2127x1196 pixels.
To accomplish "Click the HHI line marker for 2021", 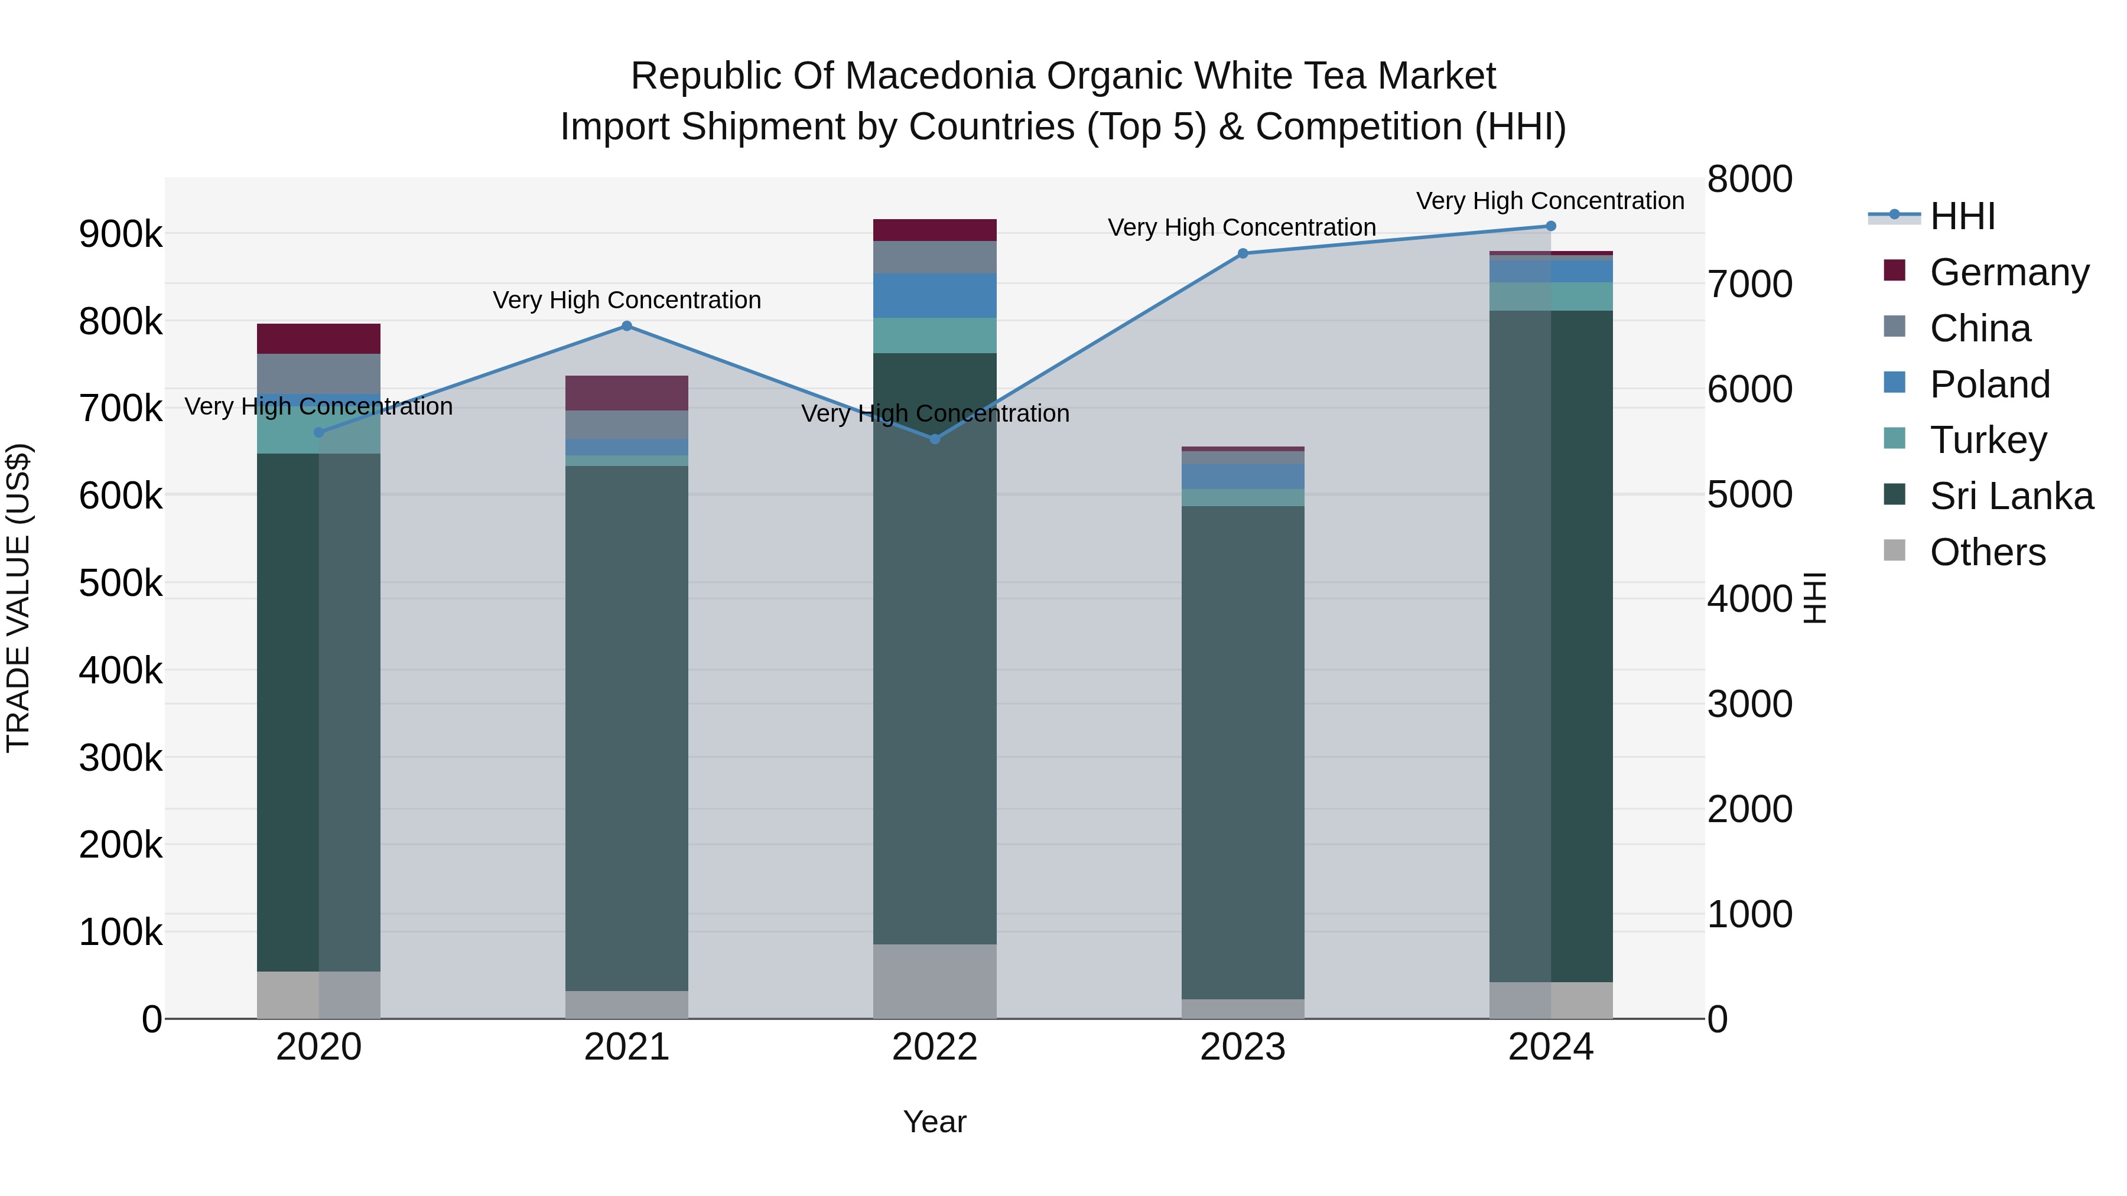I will pyautogui.click(x=627, y=326).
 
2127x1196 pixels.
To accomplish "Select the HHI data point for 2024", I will pyautogui.click(x=1551, y=226).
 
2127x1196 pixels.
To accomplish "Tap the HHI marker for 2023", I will pyautogui.click(x=1243, y=253).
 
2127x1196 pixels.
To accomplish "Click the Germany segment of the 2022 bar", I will pyautogui.click(x=935, y=230).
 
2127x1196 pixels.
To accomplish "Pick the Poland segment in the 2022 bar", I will pyautogui.click(x=935, y=295).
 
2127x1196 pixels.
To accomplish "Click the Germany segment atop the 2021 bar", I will pyautogui.click(x=627, y=393).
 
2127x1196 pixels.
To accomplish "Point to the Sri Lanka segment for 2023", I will pyautogui.click(x=1243, y=751).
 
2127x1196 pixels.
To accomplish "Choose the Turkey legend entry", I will pyautogui.click(x=1988, y=440).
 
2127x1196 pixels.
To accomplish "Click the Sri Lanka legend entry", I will pyautogui.click(x=2011, y=496).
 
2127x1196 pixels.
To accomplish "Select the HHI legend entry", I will pyautogui.click(x=1962, y=216).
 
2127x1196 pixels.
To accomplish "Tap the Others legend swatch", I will pyautogui.click(x=1894, y=550).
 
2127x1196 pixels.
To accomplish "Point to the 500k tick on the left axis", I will pyautogui.click(x=121, y=583).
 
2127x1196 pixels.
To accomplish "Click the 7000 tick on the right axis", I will pyautogui.click(x=1749, y=284).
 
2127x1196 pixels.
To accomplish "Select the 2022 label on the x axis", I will pyautogui.click(x=935, y=1047).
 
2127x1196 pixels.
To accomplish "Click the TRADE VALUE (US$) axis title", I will pyautogui.click(x=18, y=598).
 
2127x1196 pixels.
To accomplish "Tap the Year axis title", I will pyautogui.click(x=935, y=1122).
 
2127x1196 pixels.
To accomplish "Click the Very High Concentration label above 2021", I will pyautogui.click(x=627, y=299).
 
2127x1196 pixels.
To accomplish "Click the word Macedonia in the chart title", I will pyautogui.click(x=938, y=76).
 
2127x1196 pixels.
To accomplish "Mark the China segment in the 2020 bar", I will pyautogui.click(x=318, y=373).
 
